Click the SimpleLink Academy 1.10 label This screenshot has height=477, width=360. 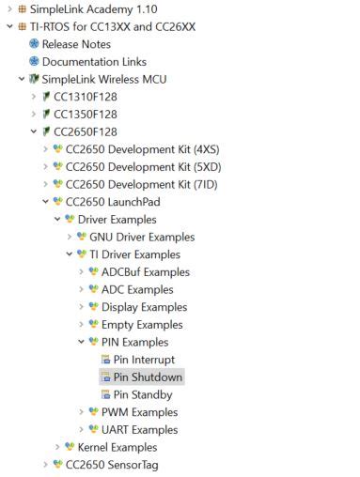(84, 8)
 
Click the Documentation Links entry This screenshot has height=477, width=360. (89, 62)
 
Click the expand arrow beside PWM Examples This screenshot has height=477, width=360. (81, 412)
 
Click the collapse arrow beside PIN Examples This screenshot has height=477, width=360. (81, 342)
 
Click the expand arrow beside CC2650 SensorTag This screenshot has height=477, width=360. (46, 465)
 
